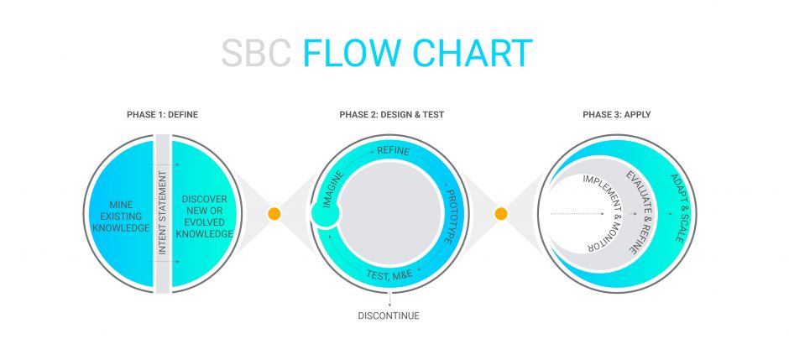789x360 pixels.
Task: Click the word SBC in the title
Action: (257, 54)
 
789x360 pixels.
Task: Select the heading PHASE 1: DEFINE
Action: (163, 113)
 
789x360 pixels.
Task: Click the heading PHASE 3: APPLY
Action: (616, 113)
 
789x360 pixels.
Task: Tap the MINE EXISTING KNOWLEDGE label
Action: (122, 216)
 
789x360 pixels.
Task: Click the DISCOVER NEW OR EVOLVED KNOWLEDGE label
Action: (205, 216)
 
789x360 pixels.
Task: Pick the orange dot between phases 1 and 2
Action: (274, 214)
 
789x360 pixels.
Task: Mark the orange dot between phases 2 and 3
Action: (501, 214)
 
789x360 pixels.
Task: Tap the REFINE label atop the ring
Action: (394, 151)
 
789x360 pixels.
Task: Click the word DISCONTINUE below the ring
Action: (389, 316)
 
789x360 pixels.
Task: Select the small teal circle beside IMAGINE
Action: (325, 215)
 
